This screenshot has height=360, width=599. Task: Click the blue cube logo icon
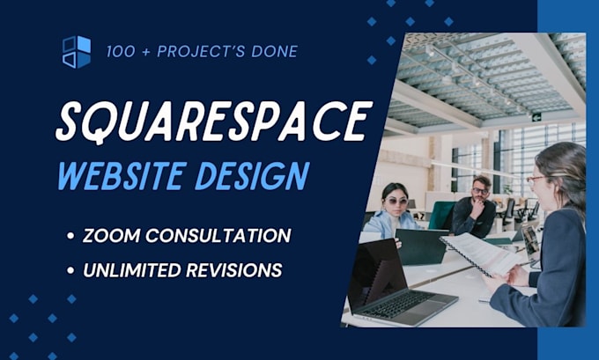77,51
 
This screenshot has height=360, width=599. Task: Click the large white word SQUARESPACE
212,121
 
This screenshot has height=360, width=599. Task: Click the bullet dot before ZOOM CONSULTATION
70,236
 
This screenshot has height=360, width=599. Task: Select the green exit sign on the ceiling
535,116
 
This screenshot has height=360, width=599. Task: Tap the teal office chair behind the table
441,216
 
